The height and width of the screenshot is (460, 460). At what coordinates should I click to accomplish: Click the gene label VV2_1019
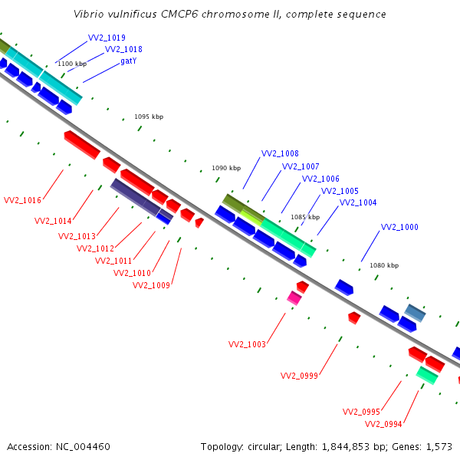pyautogui.click(x=107, y=38)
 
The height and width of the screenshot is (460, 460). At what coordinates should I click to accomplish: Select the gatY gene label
pyautogui.click(x=129, y=61)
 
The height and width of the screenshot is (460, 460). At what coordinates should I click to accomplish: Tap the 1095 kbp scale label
pyautogui.click(x=149, y=117)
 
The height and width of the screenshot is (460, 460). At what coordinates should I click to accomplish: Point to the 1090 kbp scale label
pyautogui.click(x=226, y=168)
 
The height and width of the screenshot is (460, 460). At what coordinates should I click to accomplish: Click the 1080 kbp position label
pyautogui.click(x=384, y=265)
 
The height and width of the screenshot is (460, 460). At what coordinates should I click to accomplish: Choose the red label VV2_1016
pyautogui.click(x=22, y=200)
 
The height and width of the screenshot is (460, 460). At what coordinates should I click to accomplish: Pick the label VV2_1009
pyautogui.click(x=151, y=285)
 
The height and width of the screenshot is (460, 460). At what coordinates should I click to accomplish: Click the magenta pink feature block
pyautogui.click(x=294, y=298)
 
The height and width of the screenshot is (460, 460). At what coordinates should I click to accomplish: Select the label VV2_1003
pyautogui.click(x=247, y=344)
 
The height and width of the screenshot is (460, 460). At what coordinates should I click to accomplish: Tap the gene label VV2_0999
pyautogui.click(x=299, y=376)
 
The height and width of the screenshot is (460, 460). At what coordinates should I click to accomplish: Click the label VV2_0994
pyautogui.click(x=383, y=424)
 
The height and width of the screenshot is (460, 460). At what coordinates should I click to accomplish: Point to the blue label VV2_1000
pyautogui.click(x=399, y=227)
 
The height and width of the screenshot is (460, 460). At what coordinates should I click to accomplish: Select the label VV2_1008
pyautogui.click(x=280, y=153)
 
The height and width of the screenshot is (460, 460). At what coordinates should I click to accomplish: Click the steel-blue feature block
pyautogui.click(x=415, y=313)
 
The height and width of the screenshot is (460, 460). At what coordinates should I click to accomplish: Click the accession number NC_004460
pyautogui.click(x=83, y=447)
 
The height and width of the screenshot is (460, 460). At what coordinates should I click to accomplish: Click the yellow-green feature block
pyautogui.click(x=251, y=216)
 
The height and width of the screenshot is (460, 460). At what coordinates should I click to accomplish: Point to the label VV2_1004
pyautogui.click(x=358, y=202)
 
